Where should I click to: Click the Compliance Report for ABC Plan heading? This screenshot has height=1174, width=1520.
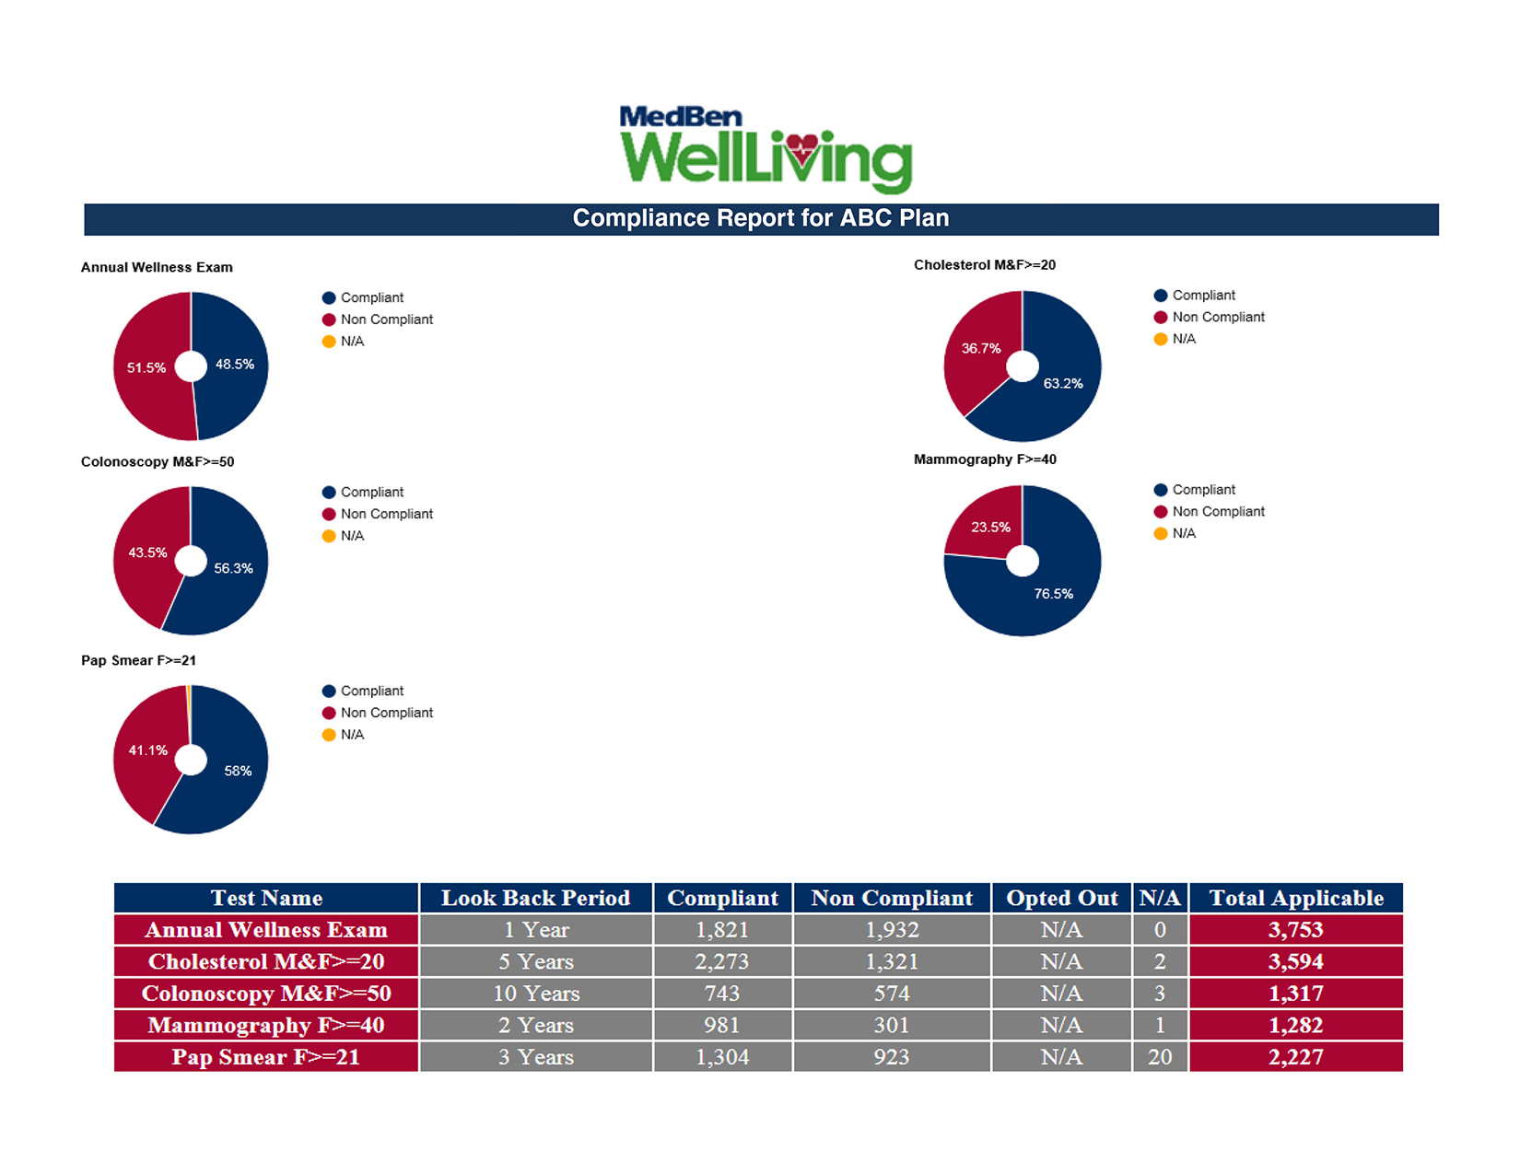click(x=761, y=219)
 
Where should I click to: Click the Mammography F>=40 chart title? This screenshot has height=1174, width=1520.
click(x=985, y=459)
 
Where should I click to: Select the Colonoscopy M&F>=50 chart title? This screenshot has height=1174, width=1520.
click(x=158, y=462)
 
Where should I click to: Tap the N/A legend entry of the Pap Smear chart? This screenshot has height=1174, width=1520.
click(x=352, y=735)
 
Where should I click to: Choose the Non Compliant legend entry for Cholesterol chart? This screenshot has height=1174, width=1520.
click(x=1218, y=317)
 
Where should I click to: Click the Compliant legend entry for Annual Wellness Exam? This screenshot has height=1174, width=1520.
click(x=371, y=297)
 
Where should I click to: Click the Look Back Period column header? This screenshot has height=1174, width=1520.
click(x=535, y=898)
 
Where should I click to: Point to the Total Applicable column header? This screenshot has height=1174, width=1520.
click(x=1296, y=898)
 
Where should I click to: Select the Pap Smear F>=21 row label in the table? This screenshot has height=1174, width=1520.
click(x=266, y=1057)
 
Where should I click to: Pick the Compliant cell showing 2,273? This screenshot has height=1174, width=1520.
click(x=722, y=961)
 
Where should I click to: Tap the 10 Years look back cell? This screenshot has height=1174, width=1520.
click(x=536, y=994)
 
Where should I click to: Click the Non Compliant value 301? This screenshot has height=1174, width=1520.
click(x=892, y=1025)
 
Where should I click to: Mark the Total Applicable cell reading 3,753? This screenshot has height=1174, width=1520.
click(x=1296, y=930)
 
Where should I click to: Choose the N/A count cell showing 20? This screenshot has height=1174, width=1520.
click(x=1160, y=1057)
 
